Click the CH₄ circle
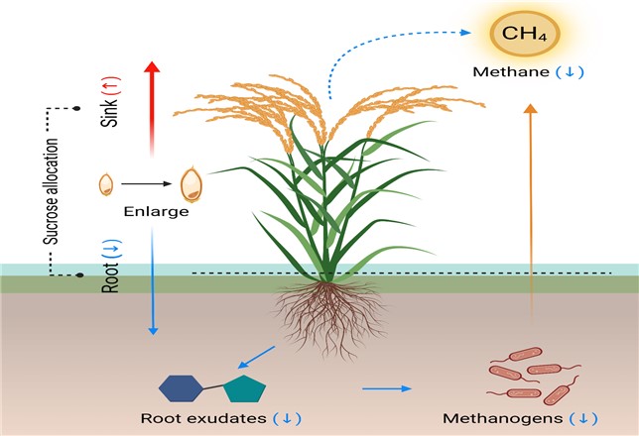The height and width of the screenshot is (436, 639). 524,34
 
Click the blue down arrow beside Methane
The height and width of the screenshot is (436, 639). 571,72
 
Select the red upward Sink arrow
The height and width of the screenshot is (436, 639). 152,108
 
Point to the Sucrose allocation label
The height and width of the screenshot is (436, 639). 52,191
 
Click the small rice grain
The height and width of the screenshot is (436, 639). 106,184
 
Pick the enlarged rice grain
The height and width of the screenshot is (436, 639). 192,185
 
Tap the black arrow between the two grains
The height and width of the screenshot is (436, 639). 146,183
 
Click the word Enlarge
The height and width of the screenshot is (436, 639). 156,212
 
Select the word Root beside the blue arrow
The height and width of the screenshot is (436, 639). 110,278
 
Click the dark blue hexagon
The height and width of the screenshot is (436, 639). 181,388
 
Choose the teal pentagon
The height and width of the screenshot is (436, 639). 244,389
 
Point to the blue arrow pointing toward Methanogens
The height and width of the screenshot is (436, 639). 387,388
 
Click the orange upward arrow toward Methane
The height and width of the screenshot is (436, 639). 530,212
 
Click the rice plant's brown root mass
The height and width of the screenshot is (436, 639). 330,317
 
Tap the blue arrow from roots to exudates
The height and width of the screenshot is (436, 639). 256,358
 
